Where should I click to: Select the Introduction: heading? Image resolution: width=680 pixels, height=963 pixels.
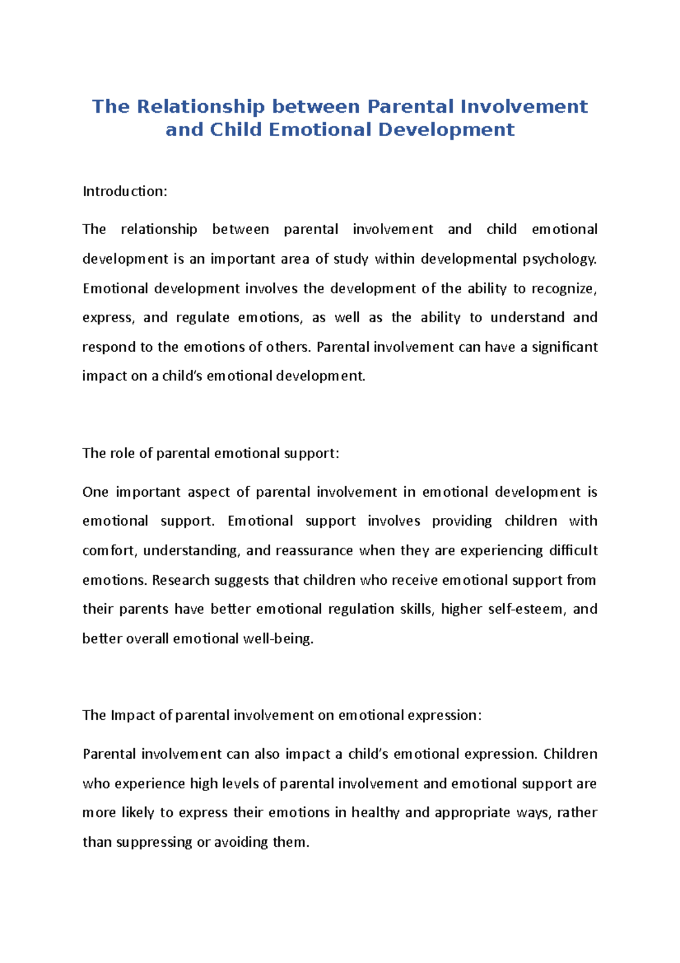tap(125, 192)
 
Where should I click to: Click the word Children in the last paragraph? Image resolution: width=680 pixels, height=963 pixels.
tap(570, 754)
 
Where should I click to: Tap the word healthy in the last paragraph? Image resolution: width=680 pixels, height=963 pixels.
tap(375, 813)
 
